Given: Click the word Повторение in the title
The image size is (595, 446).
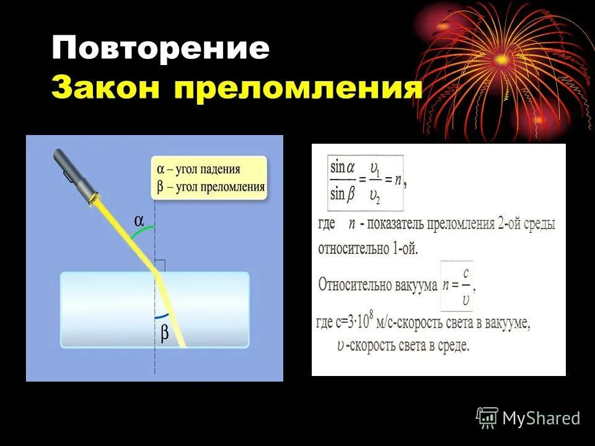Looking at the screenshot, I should (x=160, y=48).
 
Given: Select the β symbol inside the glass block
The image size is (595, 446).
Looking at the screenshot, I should (x=165, y=333).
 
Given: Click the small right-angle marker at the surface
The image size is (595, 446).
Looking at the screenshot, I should (x=160, y=265).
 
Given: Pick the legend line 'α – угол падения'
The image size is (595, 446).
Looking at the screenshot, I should (x=198, y=169).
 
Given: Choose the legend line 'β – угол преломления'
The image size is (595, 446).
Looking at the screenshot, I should (x=211, y=186).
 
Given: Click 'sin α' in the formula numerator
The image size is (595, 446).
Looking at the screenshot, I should (x=343, y=167).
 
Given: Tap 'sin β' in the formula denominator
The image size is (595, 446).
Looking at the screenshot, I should (x=343, y=194).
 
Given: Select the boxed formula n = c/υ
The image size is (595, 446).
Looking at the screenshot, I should (x=456, y=286).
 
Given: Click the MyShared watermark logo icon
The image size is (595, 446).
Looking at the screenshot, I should (x=487, y=417).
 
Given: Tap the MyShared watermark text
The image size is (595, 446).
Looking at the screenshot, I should (x=541, y=418).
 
